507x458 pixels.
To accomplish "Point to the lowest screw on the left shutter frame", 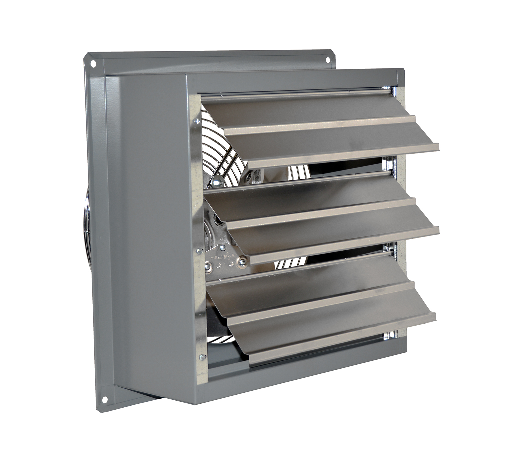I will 201,357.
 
